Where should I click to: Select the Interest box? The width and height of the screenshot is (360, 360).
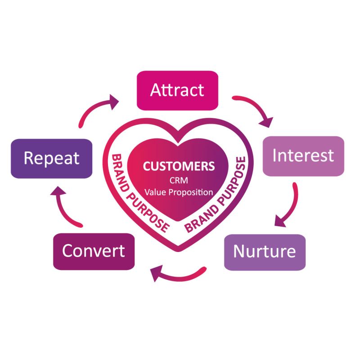click(x=303, y=156)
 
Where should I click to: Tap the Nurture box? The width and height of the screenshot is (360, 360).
click(x=264, y=252)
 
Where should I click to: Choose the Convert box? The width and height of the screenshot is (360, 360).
click(x=94, y=251)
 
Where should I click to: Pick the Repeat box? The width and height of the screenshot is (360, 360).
click(x=51, y=158)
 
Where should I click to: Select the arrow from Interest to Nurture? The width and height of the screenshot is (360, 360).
click(x=290, y=205)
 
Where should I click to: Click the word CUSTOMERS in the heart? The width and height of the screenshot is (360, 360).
click(x=179, y=166)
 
